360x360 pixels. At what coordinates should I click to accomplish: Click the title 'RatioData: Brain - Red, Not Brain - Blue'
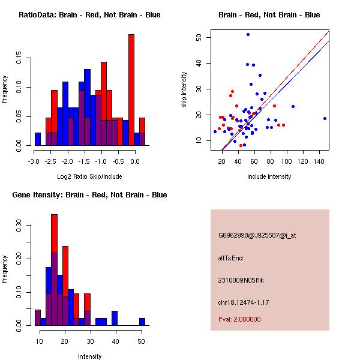(x=89, y=15)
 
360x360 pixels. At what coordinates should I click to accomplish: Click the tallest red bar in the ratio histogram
(x=131, y=90)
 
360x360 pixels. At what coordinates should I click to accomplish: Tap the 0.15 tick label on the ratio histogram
(x=20, y=60)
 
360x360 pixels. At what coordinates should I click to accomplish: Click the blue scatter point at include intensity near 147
(x=325, y=119)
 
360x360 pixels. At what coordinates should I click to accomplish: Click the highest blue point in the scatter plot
(x=248, y=35)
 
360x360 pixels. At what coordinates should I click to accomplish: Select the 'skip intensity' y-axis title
(x=184, y=90)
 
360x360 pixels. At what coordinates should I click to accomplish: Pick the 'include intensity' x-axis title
(x=269, y=176)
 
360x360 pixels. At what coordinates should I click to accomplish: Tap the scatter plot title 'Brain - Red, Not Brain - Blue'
(x=269, y=15)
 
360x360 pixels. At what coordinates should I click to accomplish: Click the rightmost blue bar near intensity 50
(x=142, y=322)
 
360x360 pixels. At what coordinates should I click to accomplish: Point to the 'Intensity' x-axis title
(x=90, y=356)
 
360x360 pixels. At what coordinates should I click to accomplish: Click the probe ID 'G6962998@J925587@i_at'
(x=257, y=235)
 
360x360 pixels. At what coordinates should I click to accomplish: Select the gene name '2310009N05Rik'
(x=241, y=280)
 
